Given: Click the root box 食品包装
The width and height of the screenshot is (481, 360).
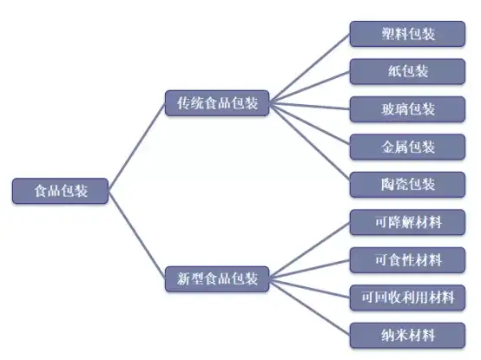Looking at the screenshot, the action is click(61, 191).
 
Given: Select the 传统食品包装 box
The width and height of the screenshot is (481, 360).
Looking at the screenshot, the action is click(217, 103).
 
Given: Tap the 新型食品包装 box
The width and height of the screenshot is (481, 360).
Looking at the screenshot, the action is click(217, 278).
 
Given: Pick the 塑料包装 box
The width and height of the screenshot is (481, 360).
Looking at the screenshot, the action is click(408, 34).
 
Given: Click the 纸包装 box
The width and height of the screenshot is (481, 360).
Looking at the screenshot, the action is click(408, 71).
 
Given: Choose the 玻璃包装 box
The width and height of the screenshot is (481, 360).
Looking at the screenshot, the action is click(408, 109).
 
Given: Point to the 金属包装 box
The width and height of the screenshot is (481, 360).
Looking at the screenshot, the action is click(408, 147).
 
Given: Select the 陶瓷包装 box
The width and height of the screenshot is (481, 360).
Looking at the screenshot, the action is click(408, 185).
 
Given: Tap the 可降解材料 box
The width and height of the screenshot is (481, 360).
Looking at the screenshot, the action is click(408, 222).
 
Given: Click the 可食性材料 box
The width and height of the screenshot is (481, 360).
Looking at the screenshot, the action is click(408, 260).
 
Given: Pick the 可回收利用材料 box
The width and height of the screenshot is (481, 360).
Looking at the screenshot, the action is click(408, 298).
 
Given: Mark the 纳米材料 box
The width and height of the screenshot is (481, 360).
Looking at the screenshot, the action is click(408, 335).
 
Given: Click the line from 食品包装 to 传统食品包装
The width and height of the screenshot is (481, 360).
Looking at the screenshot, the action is click(137, 147).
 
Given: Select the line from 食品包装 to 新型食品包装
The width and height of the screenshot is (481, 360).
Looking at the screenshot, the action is click(137, 235).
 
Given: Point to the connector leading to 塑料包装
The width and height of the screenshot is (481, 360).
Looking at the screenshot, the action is click(309, 69).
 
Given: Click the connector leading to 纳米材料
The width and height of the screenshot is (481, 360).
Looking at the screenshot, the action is click(309, 307).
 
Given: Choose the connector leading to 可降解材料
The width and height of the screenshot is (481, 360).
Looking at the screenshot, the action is click(309, 251).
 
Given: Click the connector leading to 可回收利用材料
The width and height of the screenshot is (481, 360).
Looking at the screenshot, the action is click(309, 288).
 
